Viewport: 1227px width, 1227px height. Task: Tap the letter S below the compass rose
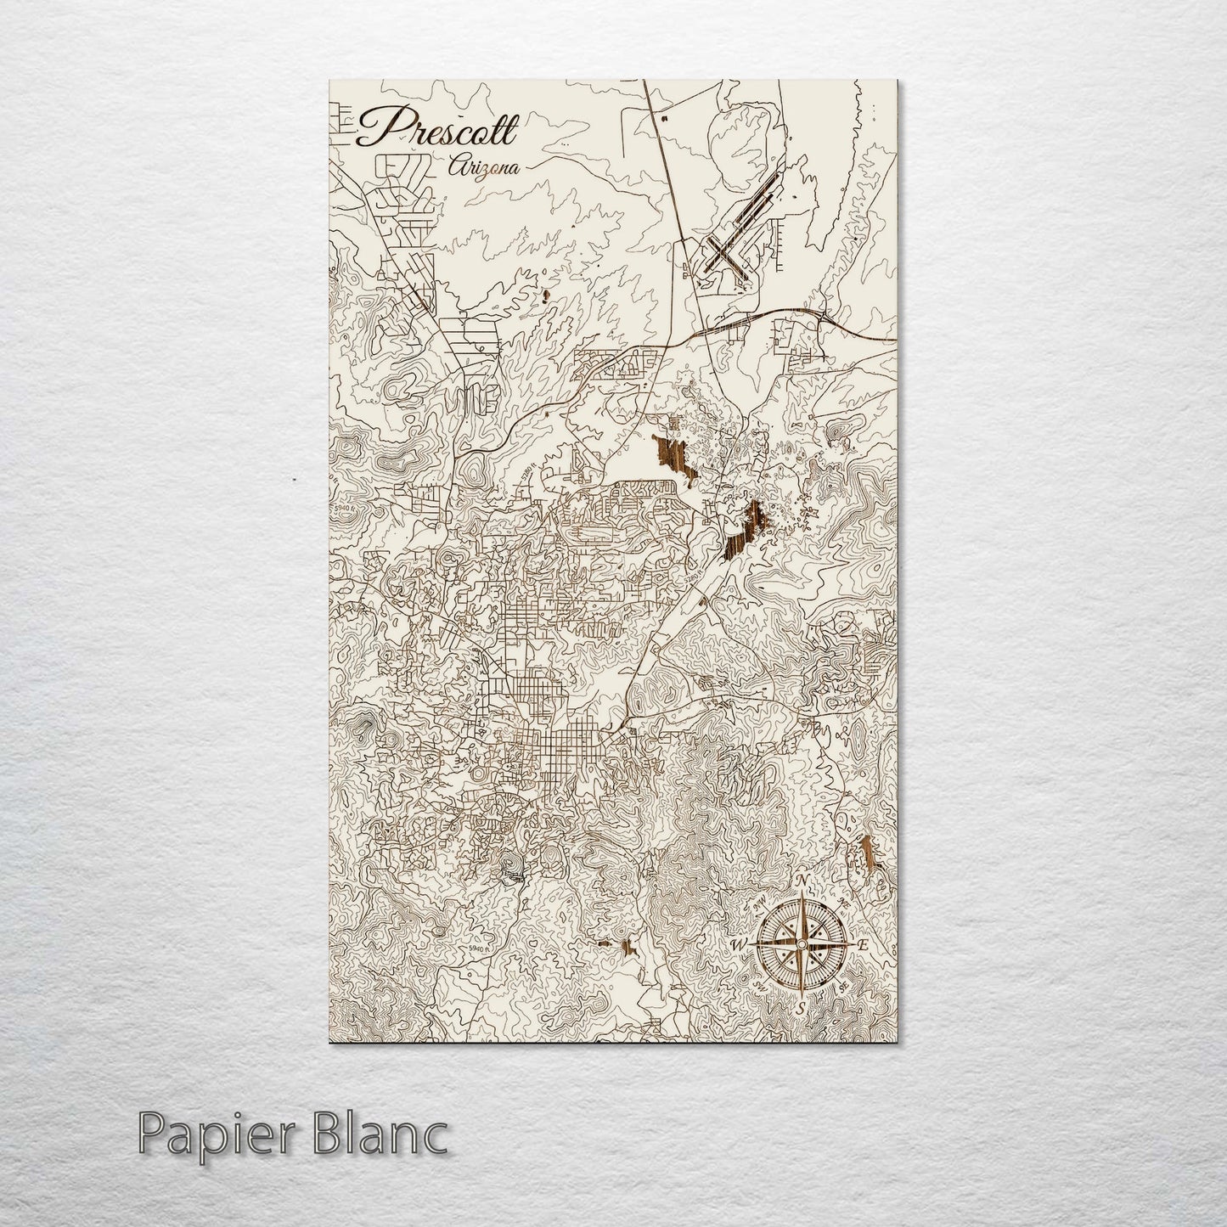pos(800,1008)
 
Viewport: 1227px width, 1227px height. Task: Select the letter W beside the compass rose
pos(738,945)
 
